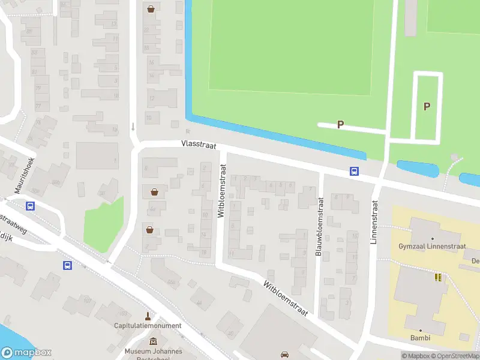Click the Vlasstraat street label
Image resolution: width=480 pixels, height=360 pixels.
[199, 145]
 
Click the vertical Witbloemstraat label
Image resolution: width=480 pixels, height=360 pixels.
[221, 195]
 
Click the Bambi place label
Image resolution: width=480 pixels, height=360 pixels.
[420, 338]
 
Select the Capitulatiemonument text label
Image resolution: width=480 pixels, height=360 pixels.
[148, 326]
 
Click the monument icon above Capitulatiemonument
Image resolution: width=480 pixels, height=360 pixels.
[148, 316]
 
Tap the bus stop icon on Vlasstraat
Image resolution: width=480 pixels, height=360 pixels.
[355, 172]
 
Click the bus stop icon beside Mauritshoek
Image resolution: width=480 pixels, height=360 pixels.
[30, 206]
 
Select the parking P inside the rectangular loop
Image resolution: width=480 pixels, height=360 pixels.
[427, 107]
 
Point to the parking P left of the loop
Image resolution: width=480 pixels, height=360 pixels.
[340, 125]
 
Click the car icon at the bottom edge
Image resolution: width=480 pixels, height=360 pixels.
[285, 354]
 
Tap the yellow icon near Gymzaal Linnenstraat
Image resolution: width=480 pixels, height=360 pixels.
[438, 277]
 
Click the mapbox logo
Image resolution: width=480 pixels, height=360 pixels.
[26, 353]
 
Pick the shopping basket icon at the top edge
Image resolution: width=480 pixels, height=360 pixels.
[151, 9]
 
